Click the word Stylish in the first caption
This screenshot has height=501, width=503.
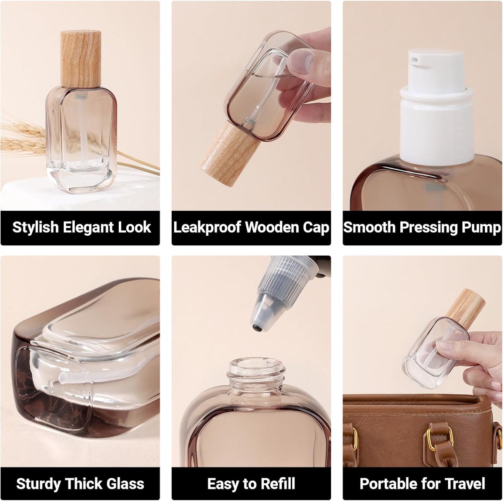[x=36, y=227]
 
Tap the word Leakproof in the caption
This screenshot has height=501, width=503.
[x=207, y=227]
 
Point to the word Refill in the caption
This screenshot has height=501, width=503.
[x=277, y=484]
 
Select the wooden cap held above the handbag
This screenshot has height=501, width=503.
[x=463, y=306]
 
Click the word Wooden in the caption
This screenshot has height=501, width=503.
[x=272, y=227]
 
